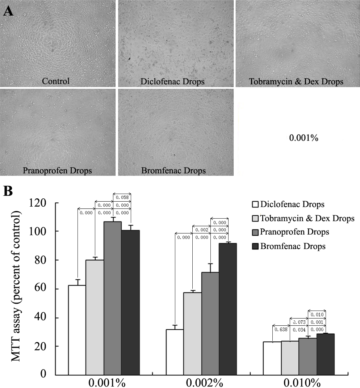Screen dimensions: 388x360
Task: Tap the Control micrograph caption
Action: [56, 81]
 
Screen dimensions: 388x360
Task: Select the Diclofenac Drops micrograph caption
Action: [172, 81]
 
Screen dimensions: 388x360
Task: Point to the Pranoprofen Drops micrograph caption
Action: [57, 170]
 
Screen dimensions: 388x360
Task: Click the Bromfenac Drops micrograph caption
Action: [173, 170]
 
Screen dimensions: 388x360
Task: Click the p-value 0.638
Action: [281, 330]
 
